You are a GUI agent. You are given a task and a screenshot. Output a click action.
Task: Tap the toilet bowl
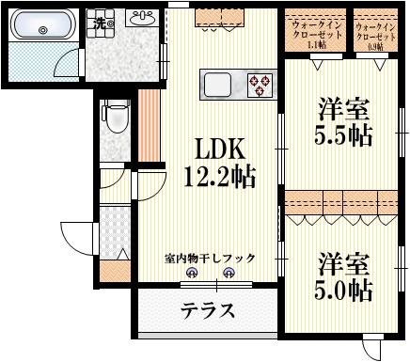tap(115, 118)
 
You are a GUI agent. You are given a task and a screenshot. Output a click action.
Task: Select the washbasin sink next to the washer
tap(145, 18)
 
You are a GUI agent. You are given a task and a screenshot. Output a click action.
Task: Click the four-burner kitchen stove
tap(260, 85)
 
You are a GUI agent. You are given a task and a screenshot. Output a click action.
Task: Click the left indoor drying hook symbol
tap(193, 274)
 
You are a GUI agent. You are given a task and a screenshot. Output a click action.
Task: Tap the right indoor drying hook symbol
tap(228, 274)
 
